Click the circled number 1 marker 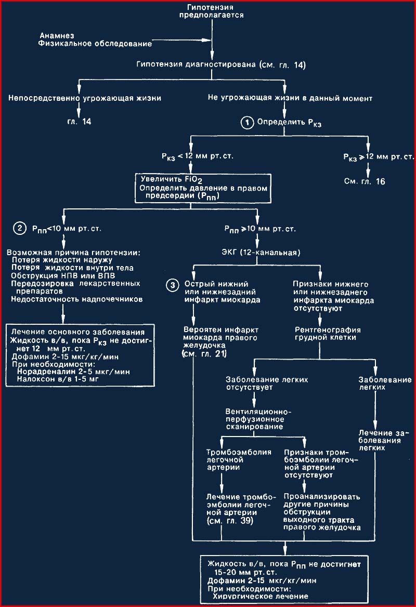coord(246,123)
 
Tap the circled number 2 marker coord(19,228)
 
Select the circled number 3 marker coord(172,285)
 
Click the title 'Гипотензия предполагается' coord(212,11)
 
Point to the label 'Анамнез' coord(57,36)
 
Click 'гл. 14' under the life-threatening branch coord(79,122)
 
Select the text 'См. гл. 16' coord(365,181)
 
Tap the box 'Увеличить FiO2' coord(203,188)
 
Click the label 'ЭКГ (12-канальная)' coord(261,253)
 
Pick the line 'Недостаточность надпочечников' coord(76,299)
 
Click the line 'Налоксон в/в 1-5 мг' coord(58,379)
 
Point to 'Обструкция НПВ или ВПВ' coord(63,275)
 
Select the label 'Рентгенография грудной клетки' coord(328,334)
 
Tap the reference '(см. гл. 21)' coord(204,353)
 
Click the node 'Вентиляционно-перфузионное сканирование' coord(258,419)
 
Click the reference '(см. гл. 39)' coord(230,521)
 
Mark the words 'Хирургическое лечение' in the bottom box coord(261,596)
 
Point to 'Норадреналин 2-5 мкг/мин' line coord(73,372)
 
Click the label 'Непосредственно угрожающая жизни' coord(85,98)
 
